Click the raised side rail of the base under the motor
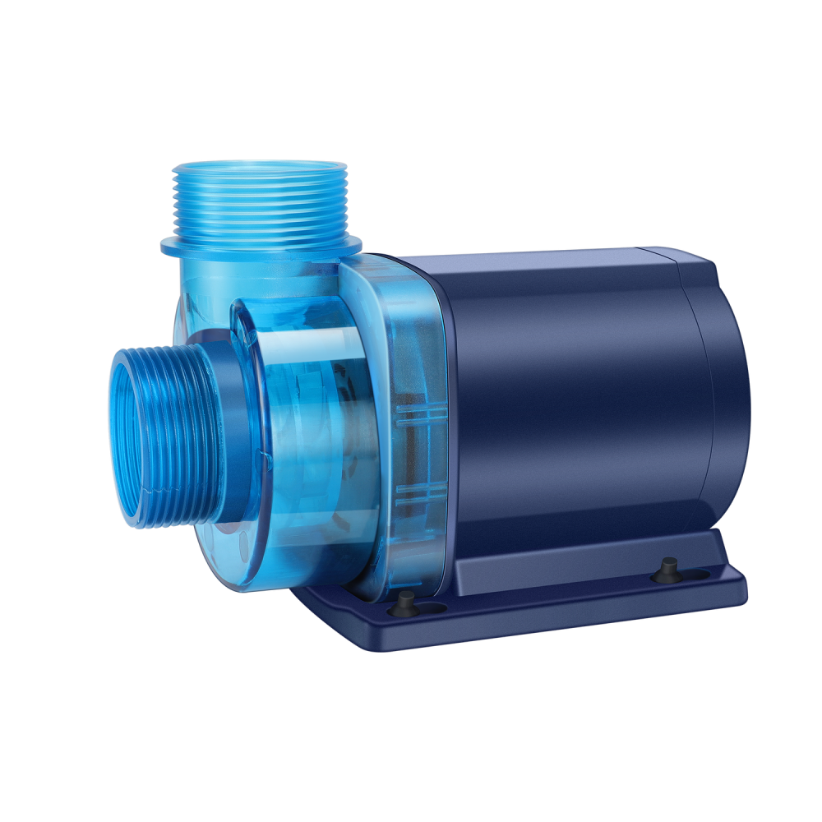(x=575, y=559)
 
